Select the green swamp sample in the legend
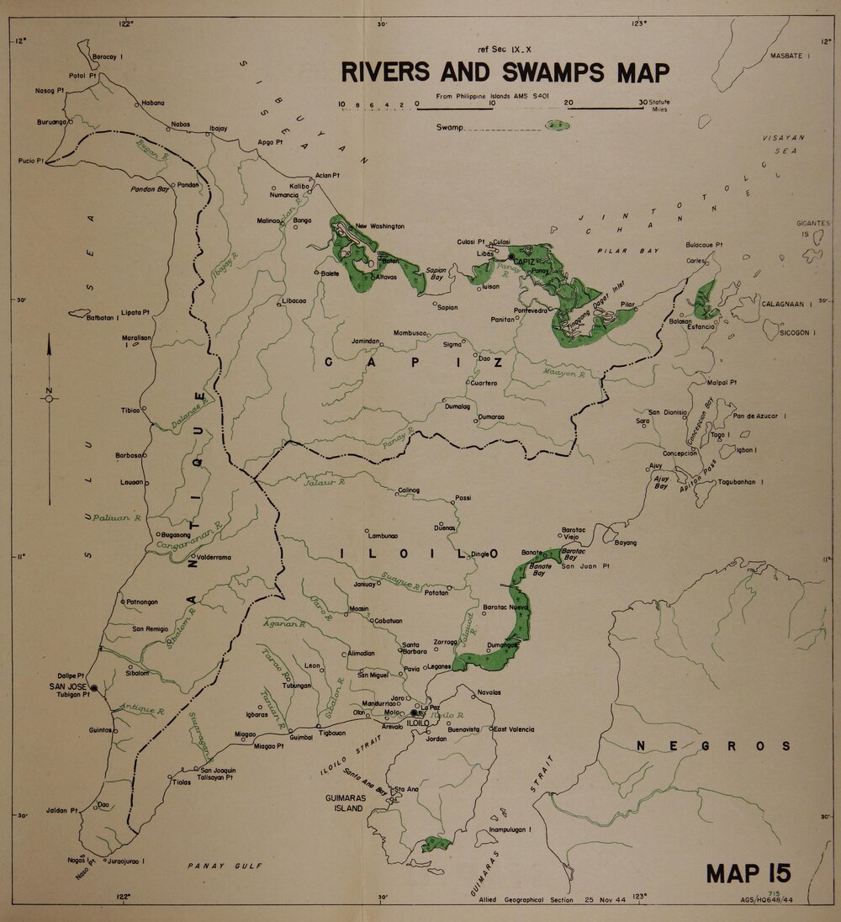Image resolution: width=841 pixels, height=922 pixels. pos(556,125)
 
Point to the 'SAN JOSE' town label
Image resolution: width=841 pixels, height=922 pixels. pos(66,686)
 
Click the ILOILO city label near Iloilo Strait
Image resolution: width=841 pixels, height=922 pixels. pos(419,722)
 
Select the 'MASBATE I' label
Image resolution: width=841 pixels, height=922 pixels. pos(789,56)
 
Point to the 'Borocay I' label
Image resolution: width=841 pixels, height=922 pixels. pos(108,56)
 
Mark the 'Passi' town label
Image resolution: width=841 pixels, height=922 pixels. pos(463,498)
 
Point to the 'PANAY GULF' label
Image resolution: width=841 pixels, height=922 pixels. pos(225,865)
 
